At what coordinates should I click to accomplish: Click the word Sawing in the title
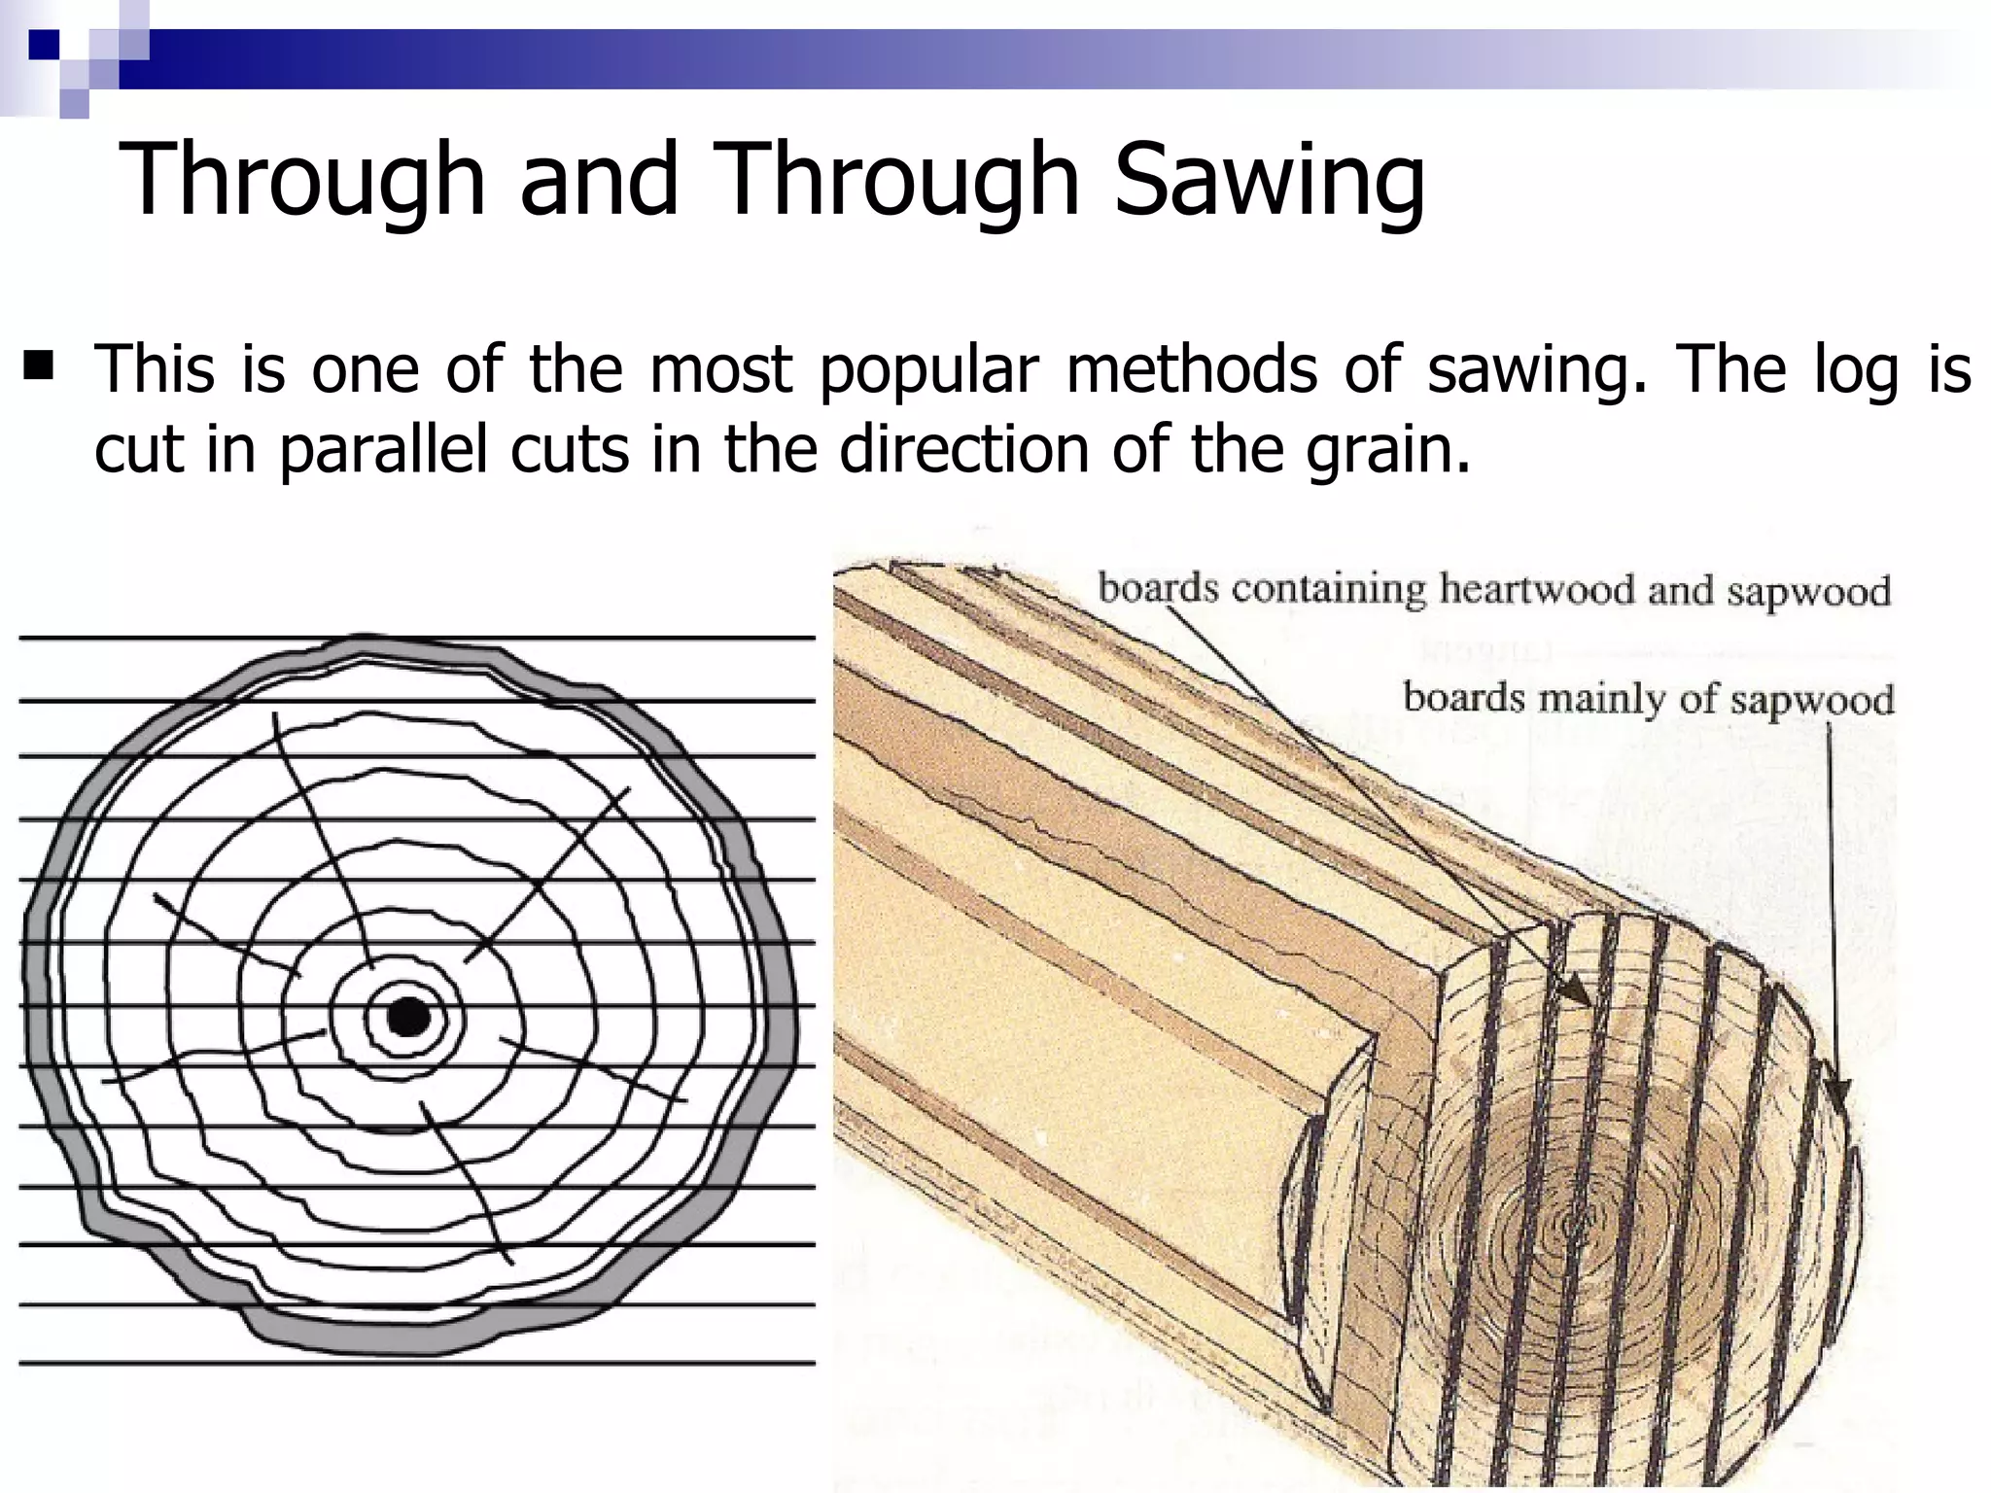1270,180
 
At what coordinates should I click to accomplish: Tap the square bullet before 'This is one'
40,366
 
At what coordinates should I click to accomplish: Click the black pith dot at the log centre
408,1018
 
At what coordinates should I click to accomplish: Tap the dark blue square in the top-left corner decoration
43,44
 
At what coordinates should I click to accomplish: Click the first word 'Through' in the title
301,180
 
